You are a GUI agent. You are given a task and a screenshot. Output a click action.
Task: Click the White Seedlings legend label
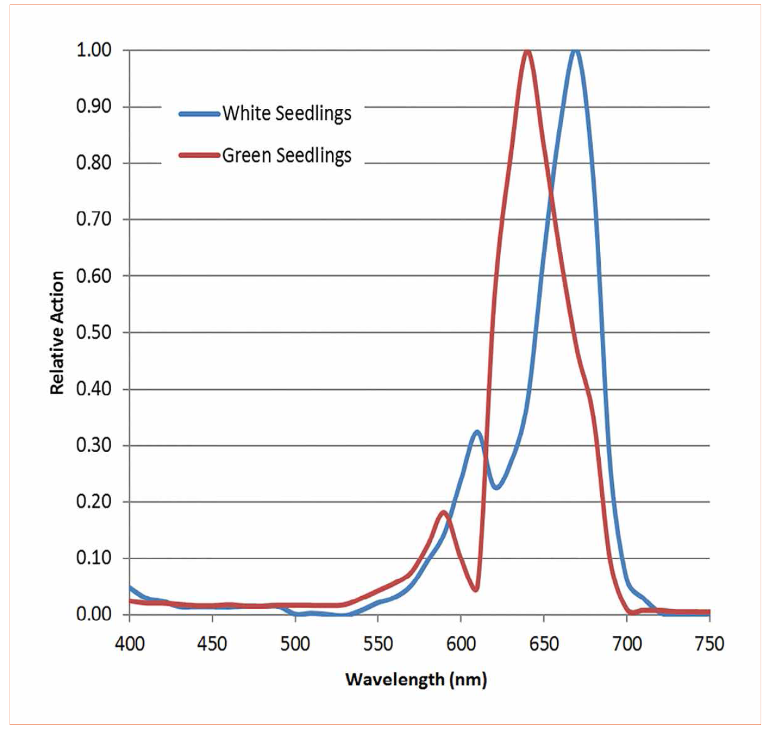click(x=286, y=113)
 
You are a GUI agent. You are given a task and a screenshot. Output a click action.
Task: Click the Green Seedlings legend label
click(x=286, y=155)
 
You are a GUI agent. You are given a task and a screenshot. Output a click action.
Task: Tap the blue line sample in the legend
click(x=199, y=114)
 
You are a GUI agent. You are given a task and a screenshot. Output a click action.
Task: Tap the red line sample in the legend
click(x=199, y=155)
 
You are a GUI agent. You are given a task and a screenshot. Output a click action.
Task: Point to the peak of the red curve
click(x=528, y=52)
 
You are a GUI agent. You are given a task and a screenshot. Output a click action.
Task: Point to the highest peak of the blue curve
click(x=576, y=50)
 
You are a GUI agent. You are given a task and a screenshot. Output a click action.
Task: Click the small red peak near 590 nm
click(x=444, y=512)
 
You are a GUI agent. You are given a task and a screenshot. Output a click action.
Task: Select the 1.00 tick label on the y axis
click(x=94, y=50)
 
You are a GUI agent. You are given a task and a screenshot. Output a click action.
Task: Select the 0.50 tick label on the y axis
click(x=94, y=332)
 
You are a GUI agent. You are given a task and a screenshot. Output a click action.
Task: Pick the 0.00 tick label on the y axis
click(x=94, y=614)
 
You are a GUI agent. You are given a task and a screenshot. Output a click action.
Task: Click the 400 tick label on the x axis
click(x=130, y=644)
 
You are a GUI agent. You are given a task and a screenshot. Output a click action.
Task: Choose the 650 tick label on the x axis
click(x=544, y=644)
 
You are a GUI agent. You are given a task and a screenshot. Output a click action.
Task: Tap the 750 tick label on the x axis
click(x=709, y=644)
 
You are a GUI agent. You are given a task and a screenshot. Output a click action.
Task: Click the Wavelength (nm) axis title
click(x=416, y=679)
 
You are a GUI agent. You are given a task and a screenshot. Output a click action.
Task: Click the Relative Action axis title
click(x=57, y=332)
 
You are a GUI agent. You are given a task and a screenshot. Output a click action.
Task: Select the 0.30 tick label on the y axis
click(x=94, y=445)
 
